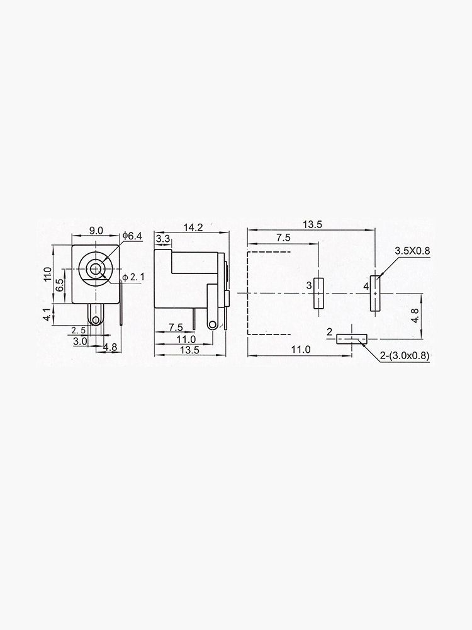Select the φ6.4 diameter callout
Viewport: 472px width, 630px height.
[133, 236]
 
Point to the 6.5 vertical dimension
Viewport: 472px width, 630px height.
[59, 284]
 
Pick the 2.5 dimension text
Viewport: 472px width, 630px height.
[79, 330]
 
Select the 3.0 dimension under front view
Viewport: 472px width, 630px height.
[80, 341]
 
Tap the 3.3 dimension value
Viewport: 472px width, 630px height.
[162, 239]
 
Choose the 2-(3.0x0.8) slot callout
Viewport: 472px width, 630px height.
[405, 356]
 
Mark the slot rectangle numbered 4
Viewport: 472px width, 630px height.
[376, 293]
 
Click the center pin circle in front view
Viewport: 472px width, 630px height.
[95, 270]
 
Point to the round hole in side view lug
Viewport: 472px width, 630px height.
[213, 324]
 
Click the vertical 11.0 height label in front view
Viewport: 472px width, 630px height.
[47, 275]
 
